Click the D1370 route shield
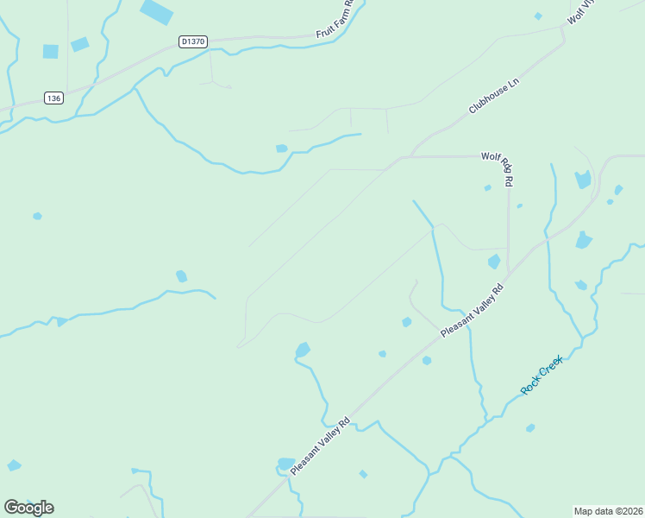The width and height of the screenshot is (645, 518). click(x=193, y=41)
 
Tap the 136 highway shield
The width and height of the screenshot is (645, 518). click(x=54, y=98)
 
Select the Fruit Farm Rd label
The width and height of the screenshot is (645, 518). click(x=336, y=18)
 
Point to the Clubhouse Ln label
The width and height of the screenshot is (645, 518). click(x=495, y=96)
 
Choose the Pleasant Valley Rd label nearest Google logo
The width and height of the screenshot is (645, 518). click(x=320, y=445)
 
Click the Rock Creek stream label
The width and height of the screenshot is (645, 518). click(x=542, y=375)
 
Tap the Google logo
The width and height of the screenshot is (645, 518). click(x=29, y=507)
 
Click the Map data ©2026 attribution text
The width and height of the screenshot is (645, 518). click(x=608, y=510)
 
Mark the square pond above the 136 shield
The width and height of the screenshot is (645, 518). click(x=51, y=52)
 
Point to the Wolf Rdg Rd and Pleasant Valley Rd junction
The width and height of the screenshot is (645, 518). click(x=509, y=273)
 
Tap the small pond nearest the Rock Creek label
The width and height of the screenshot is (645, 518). click(x=530, y=428)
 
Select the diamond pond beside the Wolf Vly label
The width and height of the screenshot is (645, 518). click(x=538, y=16)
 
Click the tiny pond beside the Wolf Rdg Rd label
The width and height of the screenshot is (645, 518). click(x=488, y=187)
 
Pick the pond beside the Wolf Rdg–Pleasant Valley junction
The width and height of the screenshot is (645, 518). click(x=494, y=261)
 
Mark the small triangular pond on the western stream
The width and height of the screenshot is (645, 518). click(x=61, y=322)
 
